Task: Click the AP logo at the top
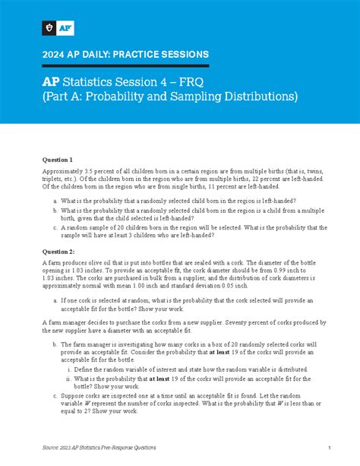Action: pyautogui.click(x=63, y=28)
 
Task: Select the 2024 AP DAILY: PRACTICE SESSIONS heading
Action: pyautogui.click(x=125, y=54)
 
